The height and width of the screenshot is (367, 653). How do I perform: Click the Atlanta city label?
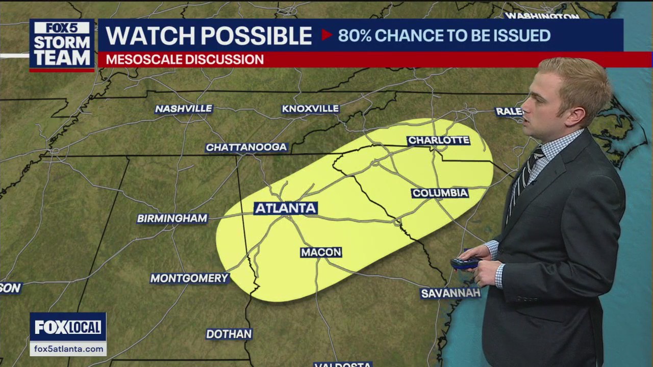pyautogui.click(x=286, y=208)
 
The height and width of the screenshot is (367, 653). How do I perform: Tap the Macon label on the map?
pyautogui.click(x=321, y=252)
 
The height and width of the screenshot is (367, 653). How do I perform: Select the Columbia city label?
pyautogui.click(x=440, y=193)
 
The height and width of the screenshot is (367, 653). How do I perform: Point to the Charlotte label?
pyautogui.click(x=438, y=140)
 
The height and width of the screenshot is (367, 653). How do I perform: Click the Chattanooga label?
pyautogui.click(x=247, y=148)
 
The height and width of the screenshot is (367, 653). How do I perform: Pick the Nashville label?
pyautogui.click(x=184, y=109)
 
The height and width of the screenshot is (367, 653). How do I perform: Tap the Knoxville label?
pyautogui.click(x=310, y=109)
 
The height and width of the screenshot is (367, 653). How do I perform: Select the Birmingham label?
pyautogui.click(x=172, y=219)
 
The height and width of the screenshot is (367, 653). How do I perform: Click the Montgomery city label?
pyautogui.click(x=189, y=278)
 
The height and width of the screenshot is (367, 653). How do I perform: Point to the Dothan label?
pyautogui.click(x=229, y=334)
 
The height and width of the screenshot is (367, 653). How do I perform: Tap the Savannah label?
pyautogui.click(x=450, y=293)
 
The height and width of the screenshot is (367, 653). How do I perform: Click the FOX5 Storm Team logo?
pyautogui.click(x=62, y=45)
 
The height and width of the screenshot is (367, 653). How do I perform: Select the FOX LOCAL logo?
pyautogui.click(x=68, y=327)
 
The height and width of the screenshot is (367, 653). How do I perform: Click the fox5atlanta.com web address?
pyautogui.click(x=68, y=349)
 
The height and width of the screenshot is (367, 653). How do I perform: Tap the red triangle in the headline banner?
pyautogui.click(x=326, y=35)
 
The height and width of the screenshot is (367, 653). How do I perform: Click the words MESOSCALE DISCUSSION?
pyautogui.click(x=185, y=60)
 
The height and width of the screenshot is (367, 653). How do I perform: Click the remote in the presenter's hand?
pyautogui.click(x=465, y=263)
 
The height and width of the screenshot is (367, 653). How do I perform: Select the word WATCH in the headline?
pyautogui.click(x=148, y=36)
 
